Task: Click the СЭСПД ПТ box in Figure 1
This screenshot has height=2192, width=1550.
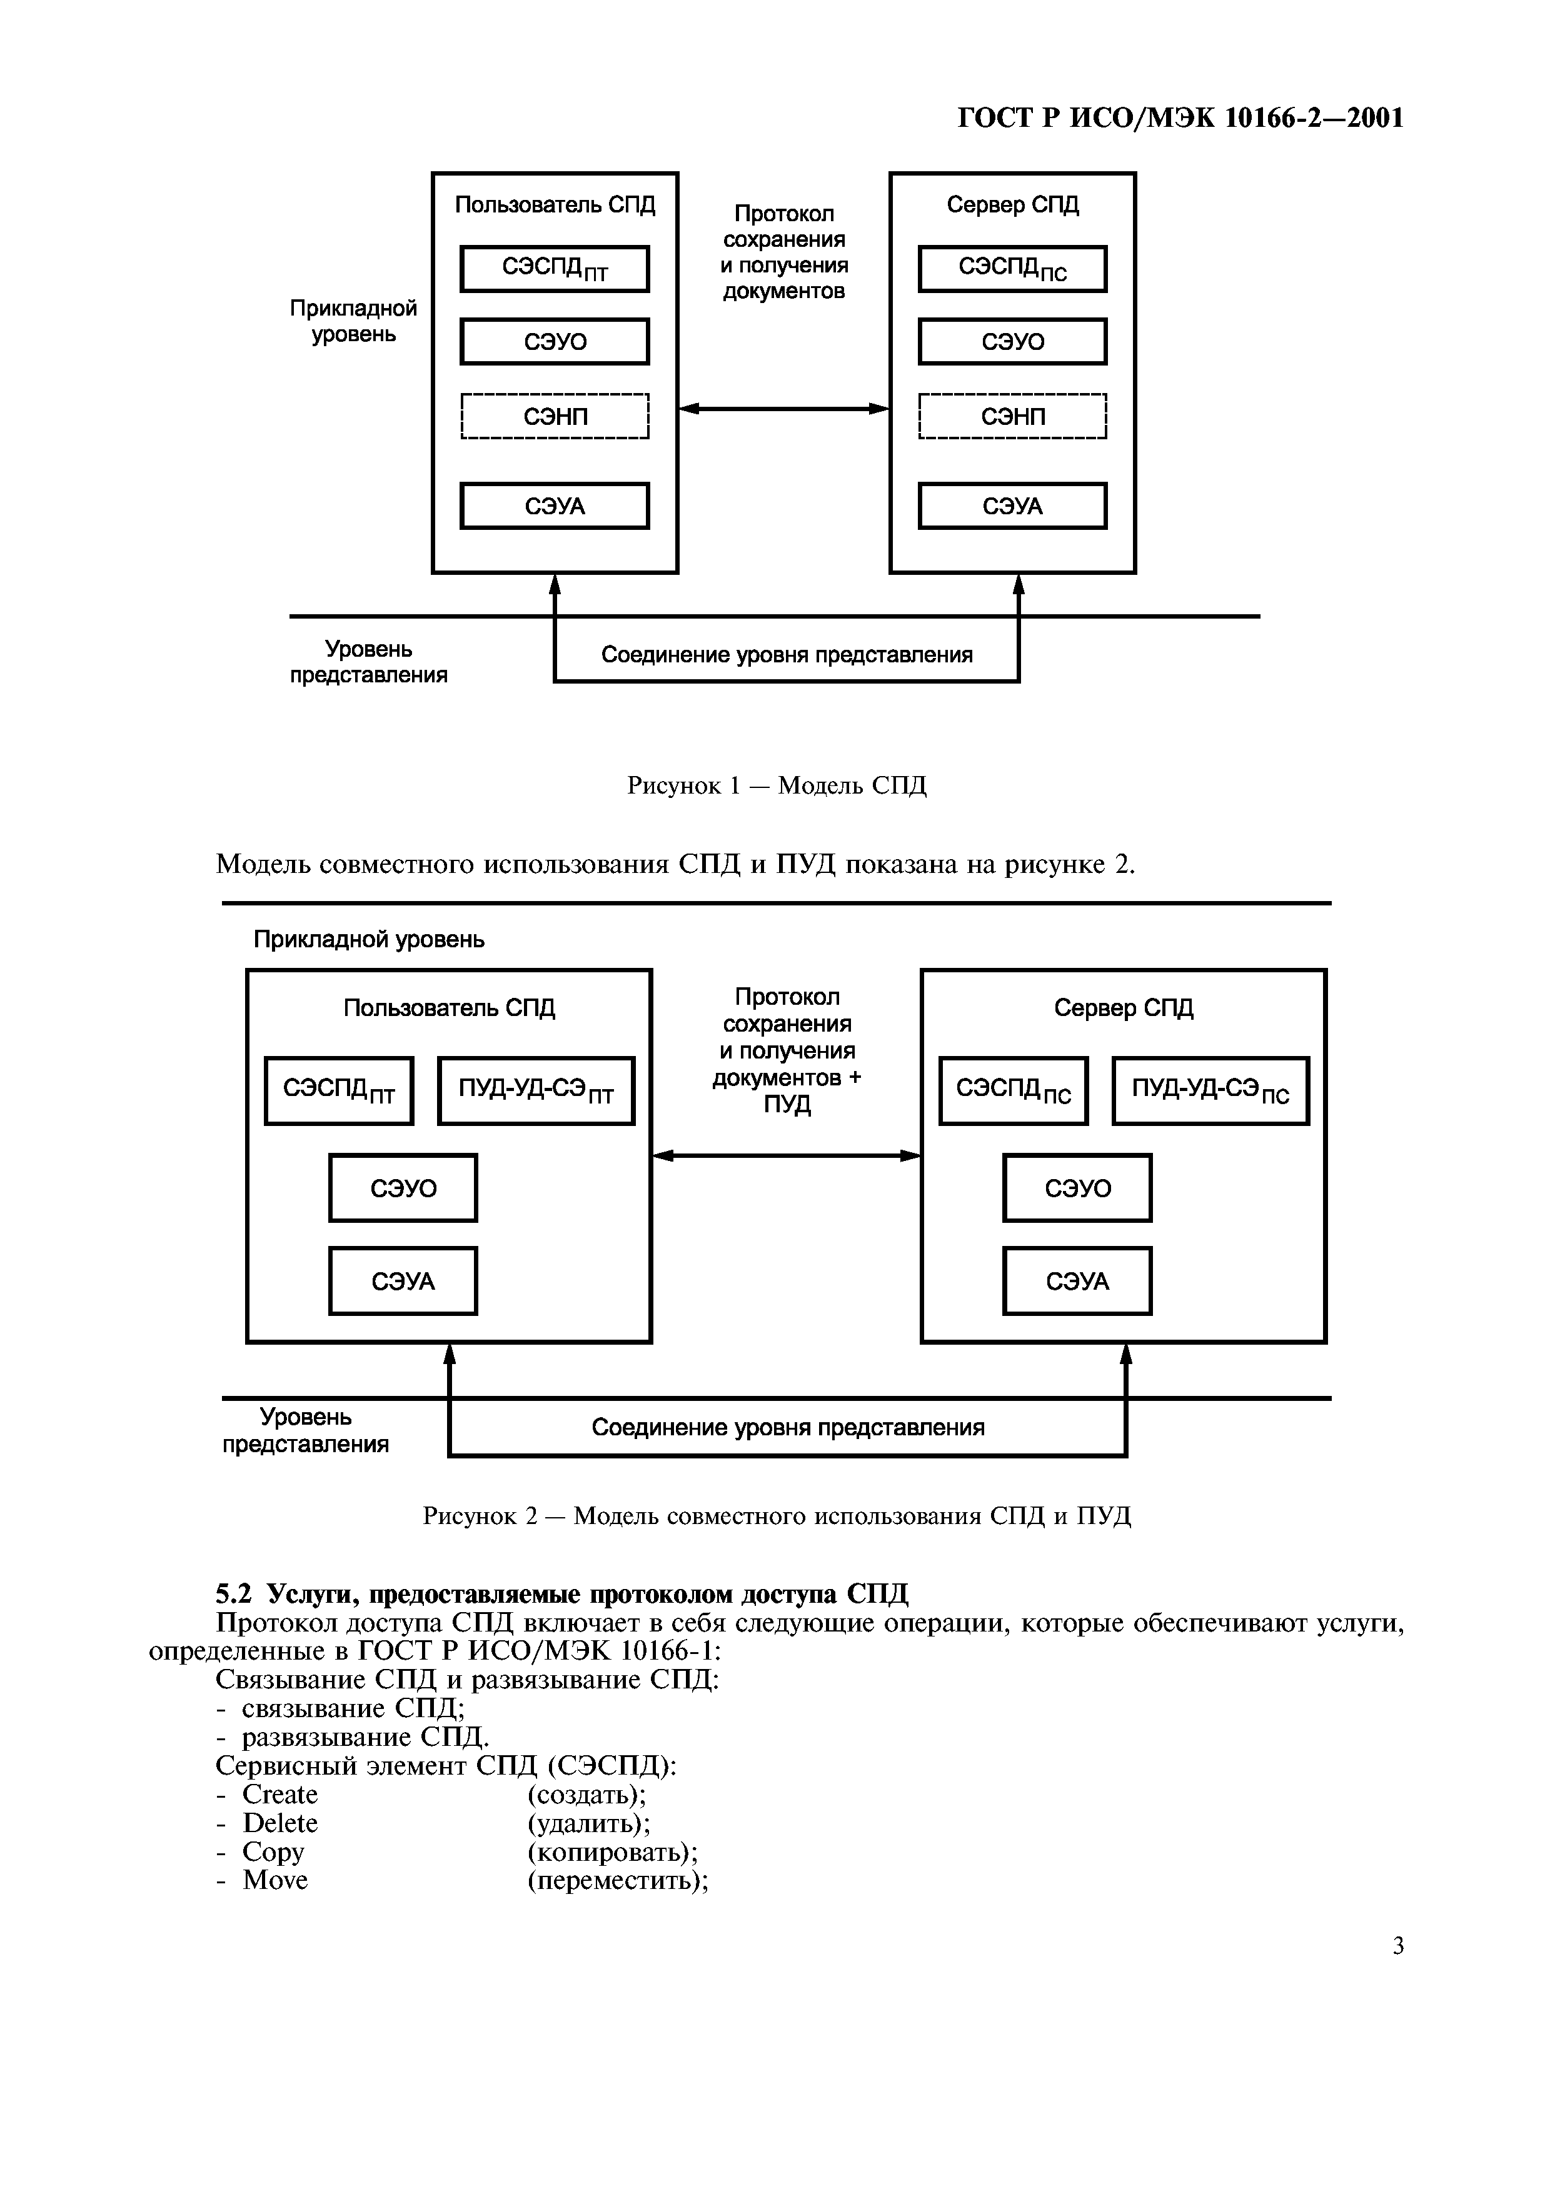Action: click(554, 269)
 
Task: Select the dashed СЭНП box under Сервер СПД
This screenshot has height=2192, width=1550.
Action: click(1012, 416)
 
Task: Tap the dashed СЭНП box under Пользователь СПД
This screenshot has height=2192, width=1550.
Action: click(554, 416)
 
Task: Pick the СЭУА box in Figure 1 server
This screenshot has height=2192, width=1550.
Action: click(1012, 506)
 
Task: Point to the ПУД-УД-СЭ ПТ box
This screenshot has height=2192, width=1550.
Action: click(536, 1090)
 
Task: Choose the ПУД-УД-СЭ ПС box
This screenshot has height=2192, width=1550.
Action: click(1210, 1090)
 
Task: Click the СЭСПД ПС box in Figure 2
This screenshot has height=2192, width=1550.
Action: click(1014, 1090)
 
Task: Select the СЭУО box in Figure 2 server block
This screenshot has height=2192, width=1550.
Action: click(1077, 1188)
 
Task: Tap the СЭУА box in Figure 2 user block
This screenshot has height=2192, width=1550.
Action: click(403, 1281)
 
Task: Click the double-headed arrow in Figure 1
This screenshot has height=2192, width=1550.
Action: click(783, 409)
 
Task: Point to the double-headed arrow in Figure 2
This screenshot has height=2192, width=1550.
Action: click(786, 1156)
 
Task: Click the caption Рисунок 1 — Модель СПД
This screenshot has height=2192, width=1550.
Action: click(777, 785)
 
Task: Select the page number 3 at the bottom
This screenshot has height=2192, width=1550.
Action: click(1398, 1946)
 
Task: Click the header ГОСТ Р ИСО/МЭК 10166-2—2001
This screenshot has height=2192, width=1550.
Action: click(1180, 118)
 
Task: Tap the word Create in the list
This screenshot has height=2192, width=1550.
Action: click(280, 1795)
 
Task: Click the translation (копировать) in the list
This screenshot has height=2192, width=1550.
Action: click(612, 1852)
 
